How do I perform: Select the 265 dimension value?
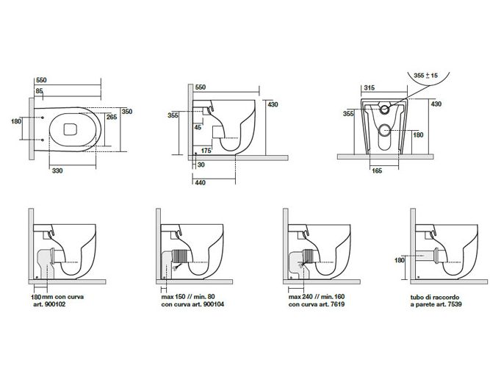112,116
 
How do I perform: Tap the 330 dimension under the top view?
58,170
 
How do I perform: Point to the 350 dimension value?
126,112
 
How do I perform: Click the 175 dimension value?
206,151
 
